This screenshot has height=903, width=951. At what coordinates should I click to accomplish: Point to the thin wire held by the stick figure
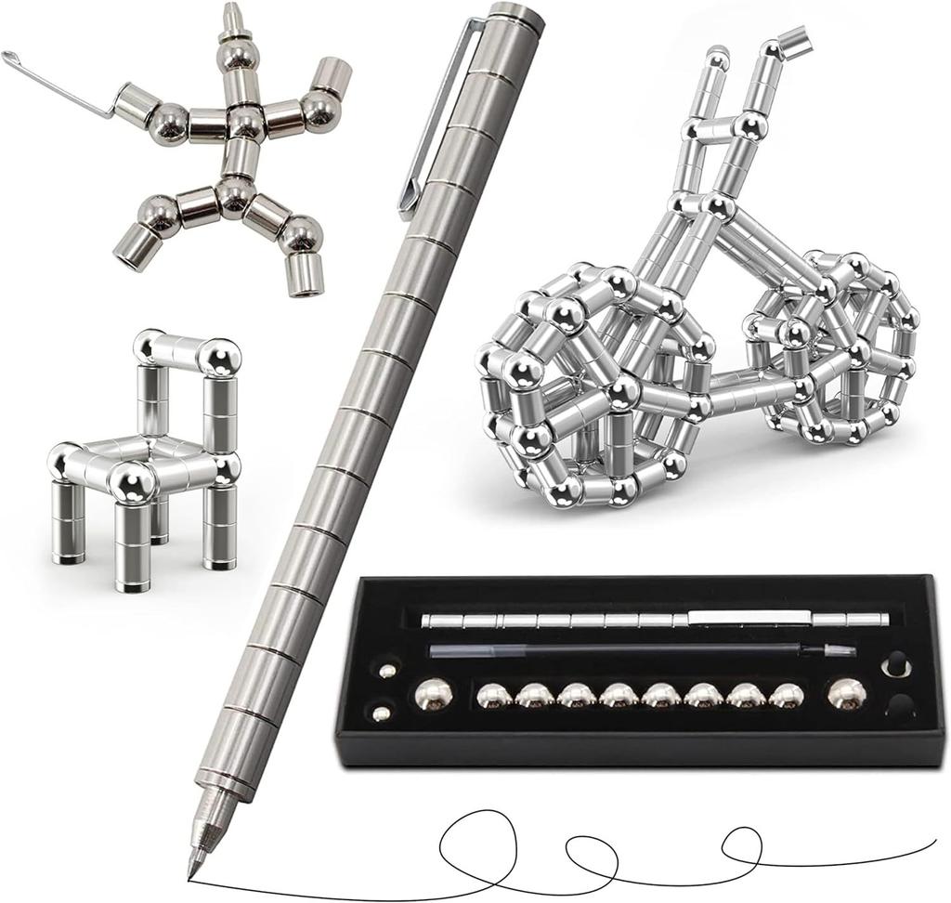[x=56, y=85]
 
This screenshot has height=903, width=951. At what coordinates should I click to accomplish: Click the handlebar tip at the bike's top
[x=794, y=39]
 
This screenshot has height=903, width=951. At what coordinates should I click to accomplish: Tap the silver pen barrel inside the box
[x=650, y=620]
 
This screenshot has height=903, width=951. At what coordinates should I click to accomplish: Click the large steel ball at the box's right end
[x=847, y=693]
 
